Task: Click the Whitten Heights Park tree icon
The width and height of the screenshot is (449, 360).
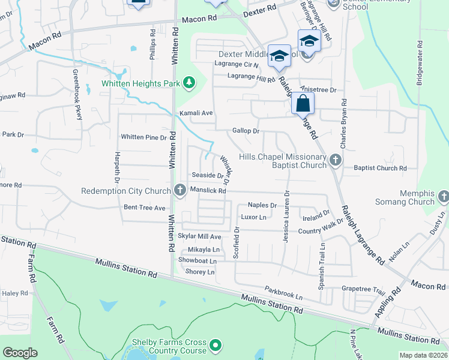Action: (x=189, y=82)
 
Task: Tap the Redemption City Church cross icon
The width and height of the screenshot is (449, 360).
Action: (x=179, y=191)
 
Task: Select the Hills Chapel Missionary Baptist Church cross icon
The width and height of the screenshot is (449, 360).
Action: (x=335, y=160)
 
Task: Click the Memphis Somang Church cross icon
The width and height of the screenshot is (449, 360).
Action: (x=444, y=197)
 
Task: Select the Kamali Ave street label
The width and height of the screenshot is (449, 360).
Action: (x=196, y=113)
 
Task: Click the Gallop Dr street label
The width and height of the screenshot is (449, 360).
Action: (x=246, y=131)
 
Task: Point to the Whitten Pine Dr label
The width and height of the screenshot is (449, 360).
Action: (x=143, y=137)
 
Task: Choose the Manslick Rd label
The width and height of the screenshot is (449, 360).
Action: (x=207, y=191)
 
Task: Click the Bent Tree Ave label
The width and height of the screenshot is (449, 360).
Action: (x=144, y=208)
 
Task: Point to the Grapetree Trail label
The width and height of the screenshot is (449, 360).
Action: (x=363, y=289)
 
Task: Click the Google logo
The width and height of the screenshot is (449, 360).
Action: (x=20, y=353)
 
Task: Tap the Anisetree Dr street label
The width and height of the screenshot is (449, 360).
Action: (x=320, y=89)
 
